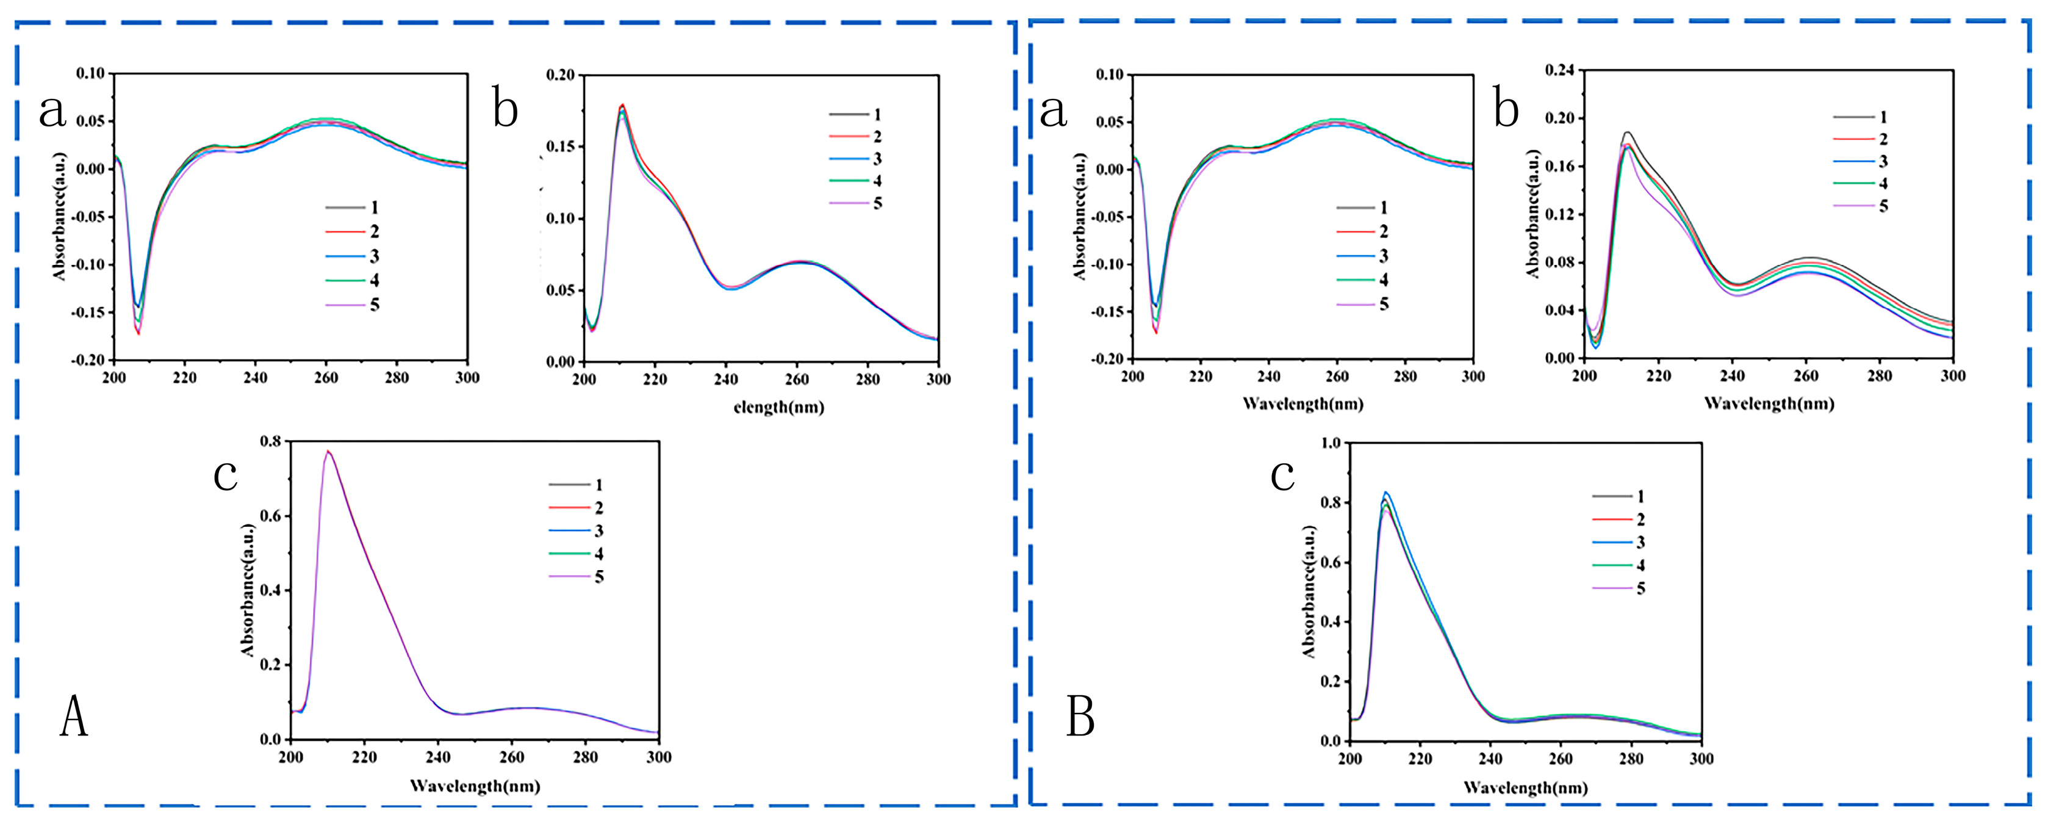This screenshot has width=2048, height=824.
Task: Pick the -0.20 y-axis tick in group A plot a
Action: tap(89, 360)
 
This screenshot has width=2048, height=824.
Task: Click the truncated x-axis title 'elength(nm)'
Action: tap(778, 408)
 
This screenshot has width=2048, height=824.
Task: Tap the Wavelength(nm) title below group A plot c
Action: tap(475, 787)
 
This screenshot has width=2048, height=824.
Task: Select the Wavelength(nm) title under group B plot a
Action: tap(1302, 404)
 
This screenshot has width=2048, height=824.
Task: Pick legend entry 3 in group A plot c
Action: tap(577, 531)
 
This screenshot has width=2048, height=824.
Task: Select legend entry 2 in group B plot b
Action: tap(1860, 139)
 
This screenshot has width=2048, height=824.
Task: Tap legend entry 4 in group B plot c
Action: tap(1618, 565)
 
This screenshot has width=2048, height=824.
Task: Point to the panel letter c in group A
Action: tap(226, 475)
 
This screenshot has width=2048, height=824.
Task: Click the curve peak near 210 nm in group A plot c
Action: tap(328, 452)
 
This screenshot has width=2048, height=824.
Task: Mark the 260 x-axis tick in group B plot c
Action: tap(1561, 759)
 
